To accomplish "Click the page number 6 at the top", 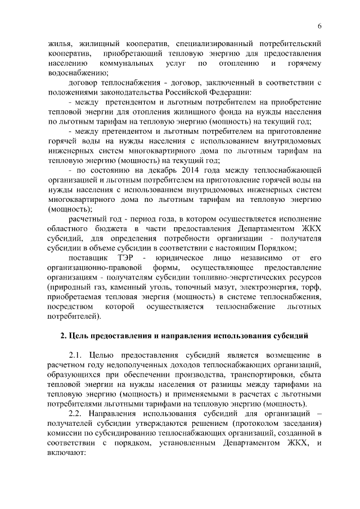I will coord(319,26).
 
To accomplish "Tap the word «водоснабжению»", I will coord(74,73).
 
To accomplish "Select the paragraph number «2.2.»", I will coord(78,415).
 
